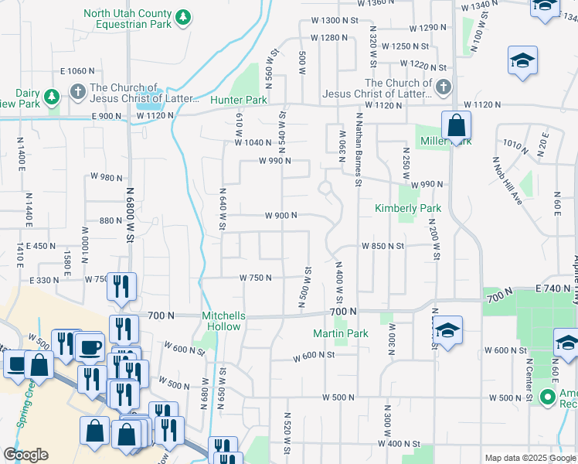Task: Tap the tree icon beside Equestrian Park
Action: pos(182,17)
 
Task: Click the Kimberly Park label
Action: pos(407,208)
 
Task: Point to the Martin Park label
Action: pos(340,333)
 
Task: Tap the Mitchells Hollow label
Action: pos(223,321)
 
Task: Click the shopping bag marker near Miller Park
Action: pos(456,125)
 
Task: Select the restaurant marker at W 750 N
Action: pos(121,287)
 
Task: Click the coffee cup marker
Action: pos(90,346)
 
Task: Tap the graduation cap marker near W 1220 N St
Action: pos(522,61)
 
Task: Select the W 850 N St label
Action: pos(383,246)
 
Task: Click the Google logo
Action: pos(25,455)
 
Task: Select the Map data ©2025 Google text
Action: pos(530,458)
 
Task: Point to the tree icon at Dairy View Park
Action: pos(51,97)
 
